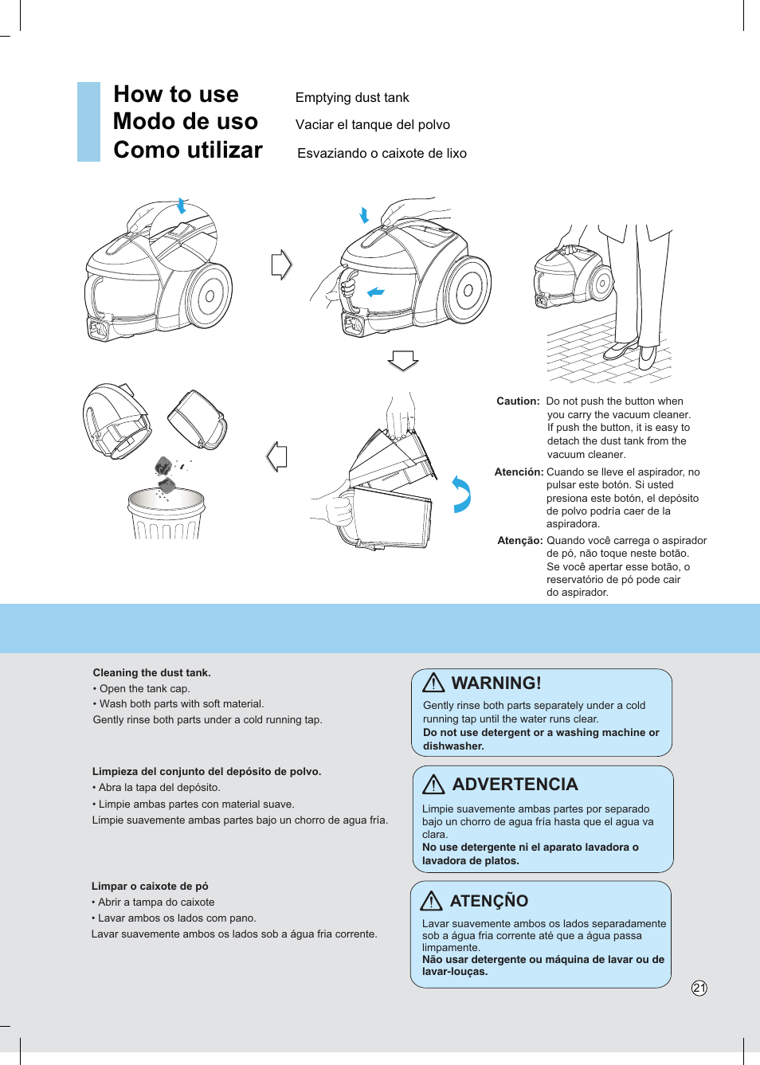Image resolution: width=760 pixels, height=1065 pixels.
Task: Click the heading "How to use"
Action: coord(176,94)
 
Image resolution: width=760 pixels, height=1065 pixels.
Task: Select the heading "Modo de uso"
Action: coord(186,122)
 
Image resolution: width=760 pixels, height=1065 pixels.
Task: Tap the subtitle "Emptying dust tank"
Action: coord(352,98)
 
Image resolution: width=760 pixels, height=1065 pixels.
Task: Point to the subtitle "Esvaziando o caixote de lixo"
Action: coord(382,154)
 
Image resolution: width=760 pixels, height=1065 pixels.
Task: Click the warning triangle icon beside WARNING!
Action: coord(433,683)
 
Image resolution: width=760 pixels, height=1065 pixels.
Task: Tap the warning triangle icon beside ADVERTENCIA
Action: coord(433,785)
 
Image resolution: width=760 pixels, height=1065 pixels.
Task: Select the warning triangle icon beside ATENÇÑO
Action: coord(431,901)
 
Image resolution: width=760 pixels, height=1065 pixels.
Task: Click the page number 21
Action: coord(699,988)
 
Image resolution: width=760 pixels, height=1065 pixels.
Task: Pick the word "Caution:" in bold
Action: coord(518,401)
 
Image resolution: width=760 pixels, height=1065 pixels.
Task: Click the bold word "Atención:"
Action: coord(519,472)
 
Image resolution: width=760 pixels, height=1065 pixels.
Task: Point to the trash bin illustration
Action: coord(166,515)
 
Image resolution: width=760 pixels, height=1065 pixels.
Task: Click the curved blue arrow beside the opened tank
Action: coord(461,494)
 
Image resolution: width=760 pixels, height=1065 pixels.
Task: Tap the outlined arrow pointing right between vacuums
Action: coord(282,264)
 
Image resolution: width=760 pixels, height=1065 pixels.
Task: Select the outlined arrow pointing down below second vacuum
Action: coord(403,360)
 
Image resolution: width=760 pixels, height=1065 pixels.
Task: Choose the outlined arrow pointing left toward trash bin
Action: coord(276,456)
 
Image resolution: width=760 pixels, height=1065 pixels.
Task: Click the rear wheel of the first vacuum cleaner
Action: coord(208,296)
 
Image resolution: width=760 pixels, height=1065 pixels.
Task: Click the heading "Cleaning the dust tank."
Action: coord(151,673)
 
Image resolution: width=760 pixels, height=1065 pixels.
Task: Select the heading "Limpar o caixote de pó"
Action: coord(150,887)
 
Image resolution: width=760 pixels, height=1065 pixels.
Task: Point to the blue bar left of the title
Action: coord(88,122)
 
